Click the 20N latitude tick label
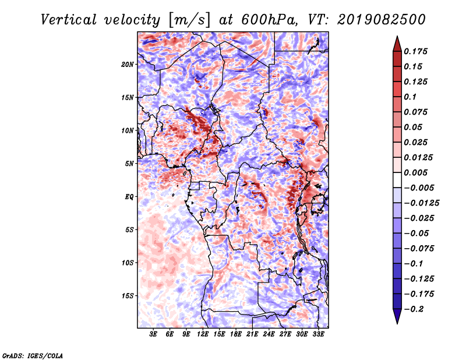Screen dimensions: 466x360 pyautogui.click(x=128, y=65)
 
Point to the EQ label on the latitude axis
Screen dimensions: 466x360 pyautogui.click(x=129, y=197)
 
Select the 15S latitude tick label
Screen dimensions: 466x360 pyautogui.click(x=128, y=296)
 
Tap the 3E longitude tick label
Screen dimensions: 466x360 pyautogui.click(x=153, y=334)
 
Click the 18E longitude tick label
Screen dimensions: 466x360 pyautogui.click(x=236, y=334)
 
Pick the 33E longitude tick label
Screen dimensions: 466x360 pyautogui.click(x=318, y=334)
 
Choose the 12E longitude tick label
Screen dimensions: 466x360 pyautogui.click(x=203, y=334)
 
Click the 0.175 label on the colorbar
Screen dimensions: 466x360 pyautogui.click(x=415, y=51)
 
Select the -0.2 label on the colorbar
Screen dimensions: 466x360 pyautogui.click(x=414, y=309)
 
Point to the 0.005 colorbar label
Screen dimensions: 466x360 pyautogui.click(x=415, y=172)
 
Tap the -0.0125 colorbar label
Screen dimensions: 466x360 pyautogui.click(x=421, y=203)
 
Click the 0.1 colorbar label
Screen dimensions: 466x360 pyautogui.click(x=410, y=97)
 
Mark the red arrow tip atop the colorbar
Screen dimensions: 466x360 pyautogui.click(x=397, y=37)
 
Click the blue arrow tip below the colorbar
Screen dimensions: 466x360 pyautogui.click(x=397, y=323)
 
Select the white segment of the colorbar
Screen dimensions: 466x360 pyautogui.click(x=397, y=180)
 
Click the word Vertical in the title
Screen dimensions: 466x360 pyautogui.click(x=69, y=20)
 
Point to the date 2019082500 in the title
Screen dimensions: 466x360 pyautogui.click(x=382, y=20)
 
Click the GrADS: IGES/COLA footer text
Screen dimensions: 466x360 pyautogui.click(x=33, y=355)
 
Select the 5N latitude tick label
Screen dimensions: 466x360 pyautogui.click(x=129, y=164)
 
